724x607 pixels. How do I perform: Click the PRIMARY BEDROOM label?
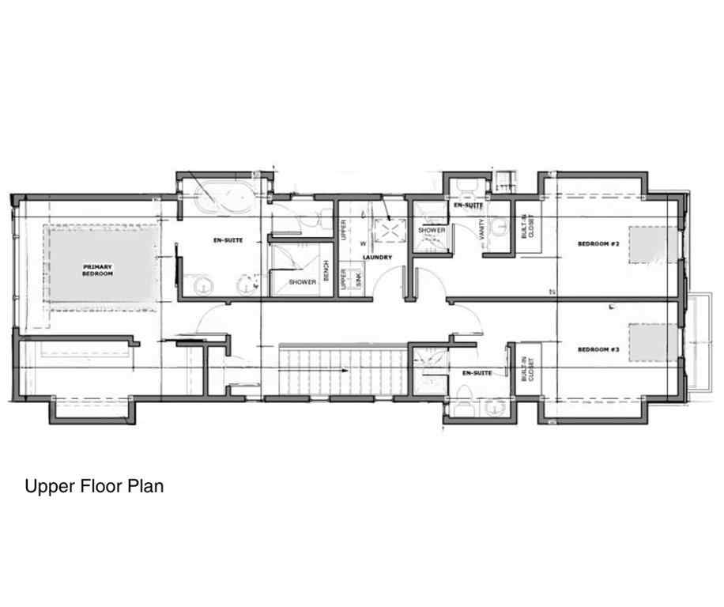98,270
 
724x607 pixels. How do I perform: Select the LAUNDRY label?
378,258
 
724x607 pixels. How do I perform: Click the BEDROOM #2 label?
598,244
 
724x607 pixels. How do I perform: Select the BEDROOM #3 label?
598,349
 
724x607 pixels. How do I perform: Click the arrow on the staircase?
341,370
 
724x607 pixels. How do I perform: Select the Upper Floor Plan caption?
94,486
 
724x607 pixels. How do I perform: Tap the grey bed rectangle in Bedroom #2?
654,244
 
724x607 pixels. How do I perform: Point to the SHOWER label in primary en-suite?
303,282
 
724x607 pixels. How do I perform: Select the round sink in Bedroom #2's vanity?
498,228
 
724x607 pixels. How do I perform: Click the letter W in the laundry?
364,243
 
